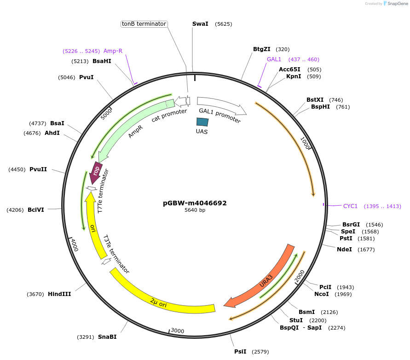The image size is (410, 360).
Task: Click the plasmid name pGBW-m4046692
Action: point(195,203)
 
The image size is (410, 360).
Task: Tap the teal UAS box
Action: point(202,122)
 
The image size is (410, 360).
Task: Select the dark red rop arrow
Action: point(96,172)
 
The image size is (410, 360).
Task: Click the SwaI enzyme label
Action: point(200,23)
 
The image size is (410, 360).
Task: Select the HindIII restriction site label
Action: point(59,294)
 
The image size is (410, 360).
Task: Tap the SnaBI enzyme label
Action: point(107,337)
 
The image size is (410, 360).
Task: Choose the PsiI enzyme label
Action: point(240,352)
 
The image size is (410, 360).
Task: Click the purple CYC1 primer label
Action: point(350,206)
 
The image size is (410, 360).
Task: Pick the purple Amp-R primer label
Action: point(113,51)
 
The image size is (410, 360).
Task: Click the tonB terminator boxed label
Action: point(144,24)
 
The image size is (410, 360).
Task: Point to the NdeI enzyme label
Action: point(344,250)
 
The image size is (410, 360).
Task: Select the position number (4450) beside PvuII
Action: point(17,169)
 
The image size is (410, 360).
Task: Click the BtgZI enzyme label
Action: point(262,49)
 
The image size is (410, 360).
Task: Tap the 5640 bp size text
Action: point(195,210)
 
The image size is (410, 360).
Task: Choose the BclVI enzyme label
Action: point(36,210)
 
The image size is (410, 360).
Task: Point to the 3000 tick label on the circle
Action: point(177,331)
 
